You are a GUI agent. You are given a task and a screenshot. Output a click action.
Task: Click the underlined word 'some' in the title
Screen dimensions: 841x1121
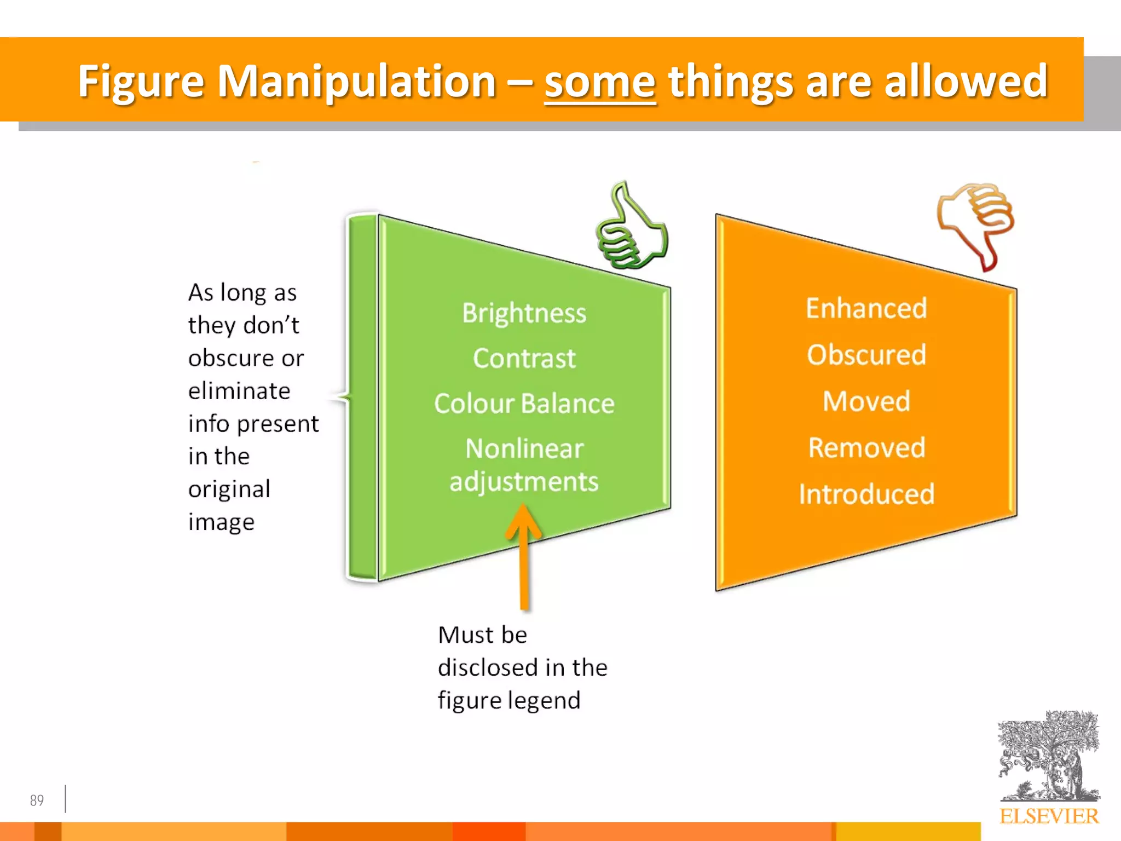(600, 82)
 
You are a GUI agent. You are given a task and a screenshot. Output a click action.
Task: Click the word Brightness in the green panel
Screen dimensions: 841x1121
(524, 313)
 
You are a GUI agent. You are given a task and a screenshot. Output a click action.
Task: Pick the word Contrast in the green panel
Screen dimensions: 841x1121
(524, 359)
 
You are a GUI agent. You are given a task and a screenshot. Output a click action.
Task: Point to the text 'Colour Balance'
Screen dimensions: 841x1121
(524, 404)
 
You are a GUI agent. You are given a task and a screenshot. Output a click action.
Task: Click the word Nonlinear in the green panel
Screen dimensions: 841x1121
(524, 449)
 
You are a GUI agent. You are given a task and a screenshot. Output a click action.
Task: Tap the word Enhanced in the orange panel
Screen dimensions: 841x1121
(866, 308)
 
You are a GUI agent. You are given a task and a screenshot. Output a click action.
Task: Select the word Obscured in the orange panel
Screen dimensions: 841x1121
(866, 355)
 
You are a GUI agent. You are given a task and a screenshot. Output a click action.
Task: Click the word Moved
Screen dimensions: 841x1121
(866, 401)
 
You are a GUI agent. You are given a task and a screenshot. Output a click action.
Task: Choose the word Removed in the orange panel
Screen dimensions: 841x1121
(866, 448)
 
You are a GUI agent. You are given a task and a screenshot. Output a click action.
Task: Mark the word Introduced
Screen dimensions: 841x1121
(866, 494)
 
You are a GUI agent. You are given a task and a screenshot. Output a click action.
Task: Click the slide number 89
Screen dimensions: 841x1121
(37, 800)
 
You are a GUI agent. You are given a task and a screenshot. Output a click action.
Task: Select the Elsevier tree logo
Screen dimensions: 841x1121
(1048, 756)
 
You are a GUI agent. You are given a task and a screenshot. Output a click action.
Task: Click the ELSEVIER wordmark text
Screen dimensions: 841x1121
(1048, 816)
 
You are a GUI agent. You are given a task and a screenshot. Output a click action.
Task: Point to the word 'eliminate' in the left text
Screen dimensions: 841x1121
(239, 391)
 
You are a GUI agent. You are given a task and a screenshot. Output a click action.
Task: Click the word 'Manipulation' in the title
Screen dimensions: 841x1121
(356, 82)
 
